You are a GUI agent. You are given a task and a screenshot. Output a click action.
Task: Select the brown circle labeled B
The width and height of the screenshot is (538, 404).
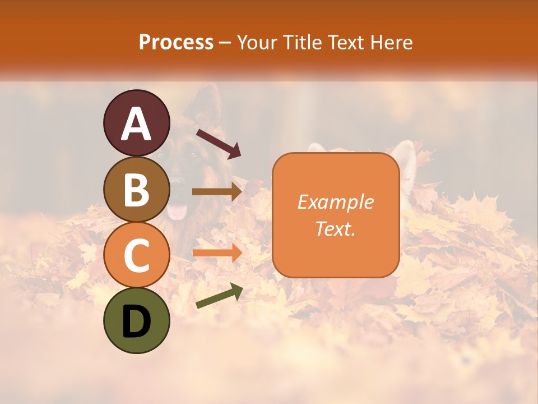click(x=136, y=189)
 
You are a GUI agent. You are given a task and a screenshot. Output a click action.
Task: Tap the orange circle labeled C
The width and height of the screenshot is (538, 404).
click(x=136, y=255)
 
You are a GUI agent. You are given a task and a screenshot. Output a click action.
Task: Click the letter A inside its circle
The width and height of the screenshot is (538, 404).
click(x=136, y=124)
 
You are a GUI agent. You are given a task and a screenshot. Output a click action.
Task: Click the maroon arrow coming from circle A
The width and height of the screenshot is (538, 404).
click(x=218, y=144)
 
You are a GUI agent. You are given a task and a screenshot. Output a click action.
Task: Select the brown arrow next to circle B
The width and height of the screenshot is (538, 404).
click(x=217, y=192)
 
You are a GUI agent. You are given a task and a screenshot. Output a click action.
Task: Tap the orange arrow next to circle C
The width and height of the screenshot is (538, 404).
click(x=217, y=252)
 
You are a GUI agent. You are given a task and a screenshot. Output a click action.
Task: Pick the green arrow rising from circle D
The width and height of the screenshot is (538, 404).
click(x=219, y=296)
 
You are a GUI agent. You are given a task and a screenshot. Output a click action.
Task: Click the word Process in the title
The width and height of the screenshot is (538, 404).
click(x=176, y=42)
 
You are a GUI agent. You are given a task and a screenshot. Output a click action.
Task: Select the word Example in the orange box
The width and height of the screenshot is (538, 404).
click(x=335, y=202)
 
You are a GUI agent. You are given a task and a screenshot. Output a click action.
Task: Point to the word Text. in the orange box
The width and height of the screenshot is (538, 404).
click(x=335, y=228)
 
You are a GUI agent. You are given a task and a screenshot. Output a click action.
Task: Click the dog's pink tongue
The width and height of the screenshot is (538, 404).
click(x=179, y=211)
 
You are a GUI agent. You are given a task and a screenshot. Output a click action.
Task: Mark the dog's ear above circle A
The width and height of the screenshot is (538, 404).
click(x=206, y=104)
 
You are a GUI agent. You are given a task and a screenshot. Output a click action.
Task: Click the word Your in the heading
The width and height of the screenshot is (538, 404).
click(x=258, y=42)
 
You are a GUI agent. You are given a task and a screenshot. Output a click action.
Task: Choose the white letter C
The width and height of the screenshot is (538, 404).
click(x=136, y=256)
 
